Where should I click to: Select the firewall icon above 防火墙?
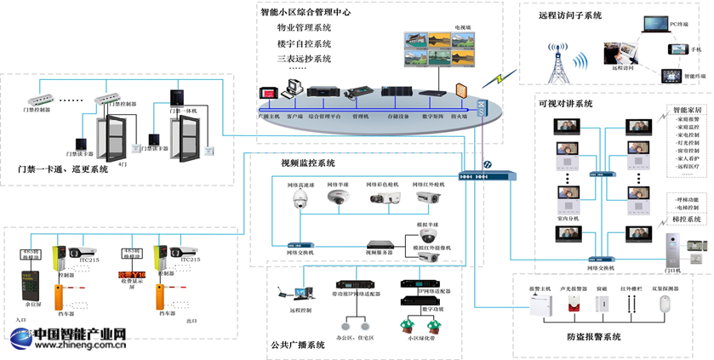461,92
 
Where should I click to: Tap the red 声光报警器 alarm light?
574,305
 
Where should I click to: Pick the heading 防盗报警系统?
593,337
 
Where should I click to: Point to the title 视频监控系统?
307,163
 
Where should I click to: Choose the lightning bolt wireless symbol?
493,79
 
